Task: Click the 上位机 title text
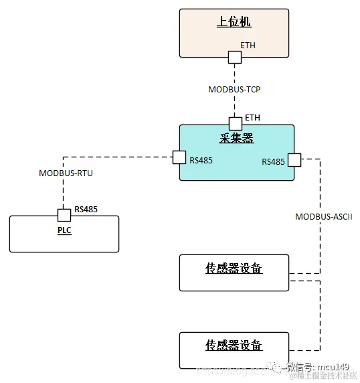[234, 22]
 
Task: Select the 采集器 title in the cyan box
[237, 139]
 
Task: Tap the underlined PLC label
[64, 231]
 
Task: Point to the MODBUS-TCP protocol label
[235, 88]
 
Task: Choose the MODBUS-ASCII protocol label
[324, 217]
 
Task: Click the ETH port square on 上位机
[234, 57]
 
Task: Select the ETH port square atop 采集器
[236, 124]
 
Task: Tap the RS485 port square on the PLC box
[64, 215]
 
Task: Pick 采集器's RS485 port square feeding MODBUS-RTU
[179, 157]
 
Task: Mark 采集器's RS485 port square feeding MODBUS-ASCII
[294, 160]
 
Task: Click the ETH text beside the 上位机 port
[248, 46]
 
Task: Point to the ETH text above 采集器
[252, 118]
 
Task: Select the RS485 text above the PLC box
[86, 210]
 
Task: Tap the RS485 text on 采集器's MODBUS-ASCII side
[273, 161]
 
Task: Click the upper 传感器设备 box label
[234, 269]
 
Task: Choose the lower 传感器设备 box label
[234, 346]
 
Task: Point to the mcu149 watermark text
[334, 366]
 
